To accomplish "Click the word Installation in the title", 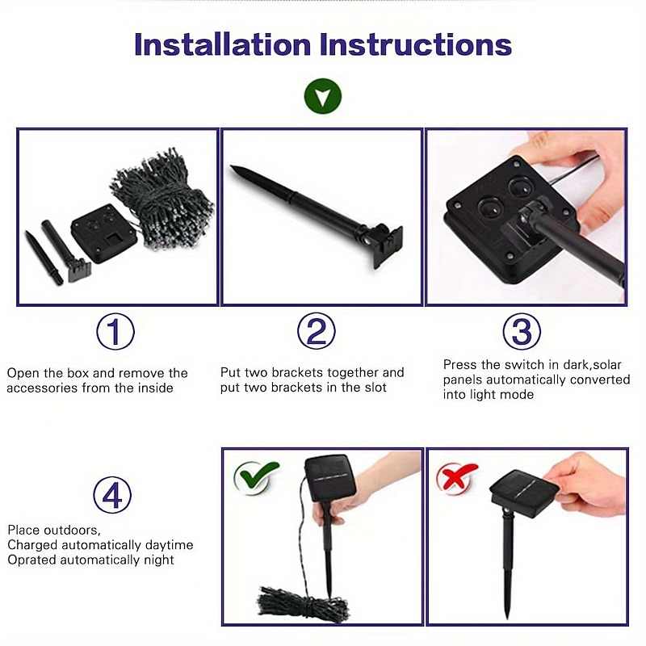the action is [223, 44].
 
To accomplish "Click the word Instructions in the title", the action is [416, 44].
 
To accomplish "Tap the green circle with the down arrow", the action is [322, 96].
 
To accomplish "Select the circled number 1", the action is [115, 332].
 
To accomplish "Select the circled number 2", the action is [317, 331].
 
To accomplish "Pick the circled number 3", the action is [522, 331].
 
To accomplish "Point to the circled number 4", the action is [112, 494].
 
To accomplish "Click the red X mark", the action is [456, 476].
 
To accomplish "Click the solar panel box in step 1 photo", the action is [104, 233].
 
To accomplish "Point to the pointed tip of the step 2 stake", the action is [232, 167].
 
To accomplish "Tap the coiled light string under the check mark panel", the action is [303, 603].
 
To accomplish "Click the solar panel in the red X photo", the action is [524, 493].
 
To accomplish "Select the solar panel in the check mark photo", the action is [331, 478].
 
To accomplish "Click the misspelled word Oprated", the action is [31, 560].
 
